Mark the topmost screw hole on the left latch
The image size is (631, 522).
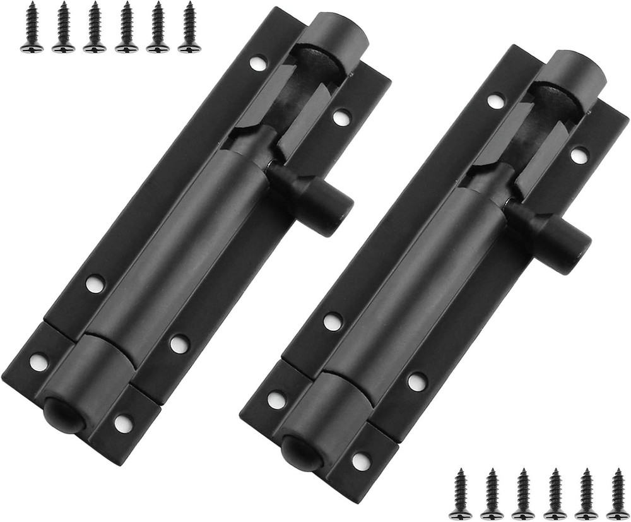point(257,62)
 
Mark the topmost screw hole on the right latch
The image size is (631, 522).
point(496,100)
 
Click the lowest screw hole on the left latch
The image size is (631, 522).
point(124,423)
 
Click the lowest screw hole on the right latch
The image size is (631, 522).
point(362,461)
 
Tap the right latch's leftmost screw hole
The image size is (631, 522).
point(276,399)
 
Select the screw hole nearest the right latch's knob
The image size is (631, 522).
point(579,155)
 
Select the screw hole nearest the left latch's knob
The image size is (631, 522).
point(341,117)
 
